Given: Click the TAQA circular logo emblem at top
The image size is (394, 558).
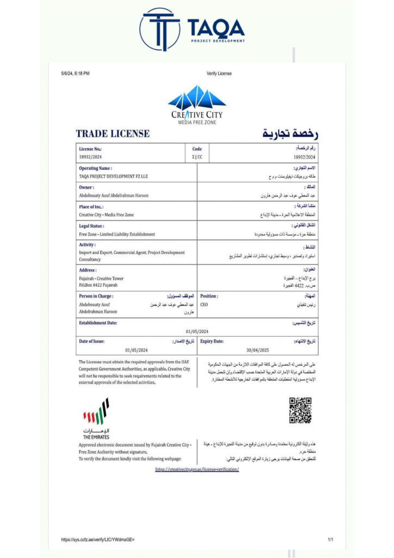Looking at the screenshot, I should tap(159, 29).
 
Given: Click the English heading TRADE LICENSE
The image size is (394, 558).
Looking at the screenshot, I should tap(113, 134).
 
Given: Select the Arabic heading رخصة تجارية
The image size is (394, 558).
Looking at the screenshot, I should tap(290, 134).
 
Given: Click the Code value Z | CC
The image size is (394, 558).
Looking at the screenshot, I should tap(197, 156).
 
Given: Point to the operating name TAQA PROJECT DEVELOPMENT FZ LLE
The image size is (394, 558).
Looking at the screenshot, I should tap(113, 177).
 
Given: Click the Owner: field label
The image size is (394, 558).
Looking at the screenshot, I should tap(87, 187).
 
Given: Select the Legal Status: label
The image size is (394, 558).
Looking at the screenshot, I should tap(91, 226).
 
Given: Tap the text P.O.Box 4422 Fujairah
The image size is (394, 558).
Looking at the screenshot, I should tap(98, 285).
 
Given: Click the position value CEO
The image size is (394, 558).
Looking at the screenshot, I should tap(204, 305).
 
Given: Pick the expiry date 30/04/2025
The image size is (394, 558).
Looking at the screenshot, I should tap(257, 350).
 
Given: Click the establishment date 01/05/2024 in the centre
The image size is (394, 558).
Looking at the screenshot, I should tap(197, 331).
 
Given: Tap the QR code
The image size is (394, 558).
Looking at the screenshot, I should tap(300, 410).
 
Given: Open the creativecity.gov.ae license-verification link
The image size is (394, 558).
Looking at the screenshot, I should tap(197, 469).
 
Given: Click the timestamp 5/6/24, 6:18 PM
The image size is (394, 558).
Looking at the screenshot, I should tap(76, 74).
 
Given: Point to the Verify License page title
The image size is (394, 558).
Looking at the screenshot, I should tap(219, 74).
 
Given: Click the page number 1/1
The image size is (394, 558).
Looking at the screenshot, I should tap(330, 539).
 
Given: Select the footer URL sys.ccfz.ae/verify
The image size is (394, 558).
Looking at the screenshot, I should tap(98, 539).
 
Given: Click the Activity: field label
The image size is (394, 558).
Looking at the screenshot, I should tap(87, 245).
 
